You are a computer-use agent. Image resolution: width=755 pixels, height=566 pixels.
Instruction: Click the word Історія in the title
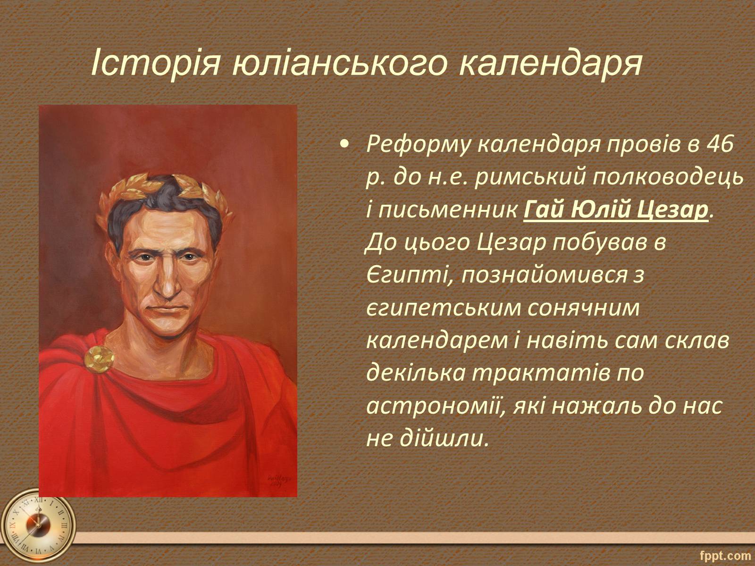point(155,63)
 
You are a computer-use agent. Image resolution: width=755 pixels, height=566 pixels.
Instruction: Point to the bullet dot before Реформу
point(344,145)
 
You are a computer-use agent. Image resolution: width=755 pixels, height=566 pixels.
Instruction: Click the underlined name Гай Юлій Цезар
point(616,210)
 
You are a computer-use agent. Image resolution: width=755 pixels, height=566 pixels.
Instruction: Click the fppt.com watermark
point(725,555)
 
